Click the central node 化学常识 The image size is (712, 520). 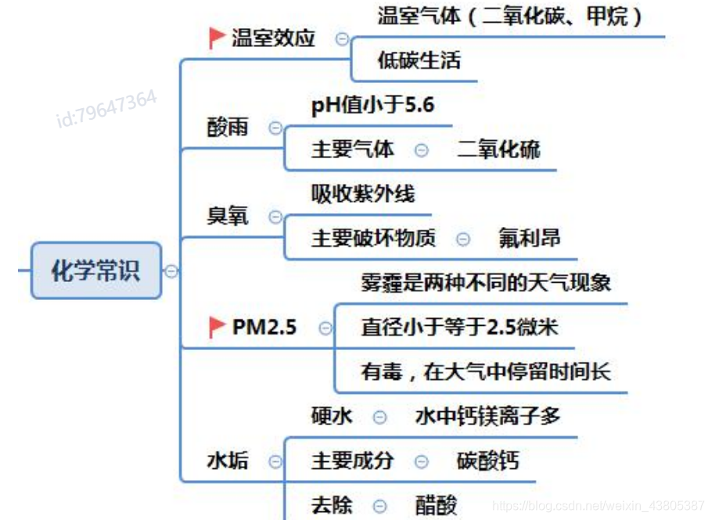pos(95,271)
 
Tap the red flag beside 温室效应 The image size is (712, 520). pos(217,38)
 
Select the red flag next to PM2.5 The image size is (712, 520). pos(217,327)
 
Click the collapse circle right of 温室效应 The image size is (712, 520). pos(342,38)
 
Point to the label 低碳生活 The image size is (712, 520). pos(419,61)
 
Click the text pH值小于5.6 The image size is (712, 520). pos(372,105)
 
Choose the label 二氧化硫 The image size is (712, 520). pos(498,149)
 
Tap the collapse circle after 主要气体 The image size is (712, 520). pos(422,150)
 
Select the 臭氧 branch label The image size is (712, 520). pos(228,216)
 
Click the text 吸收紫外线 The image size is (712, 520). pos(363,193)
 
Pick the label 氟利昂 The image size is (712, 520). pos(530,238)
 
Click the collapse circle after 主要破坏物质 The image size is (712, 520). pos(463,239)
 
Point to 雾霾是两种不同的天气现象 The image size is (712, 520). pos(486,282)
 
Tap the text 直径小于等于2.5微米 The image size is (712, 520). pos(460,327)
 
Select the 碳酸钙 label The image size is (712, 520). pos(487,460)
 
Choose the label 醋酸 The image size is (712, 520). pos(436,506)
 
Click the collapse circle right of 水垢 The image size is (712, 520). pos(275,461)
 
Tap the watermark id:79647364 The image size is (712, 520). pos(106,109)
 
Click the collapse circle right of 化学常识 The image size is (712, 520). pos(171,271)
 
